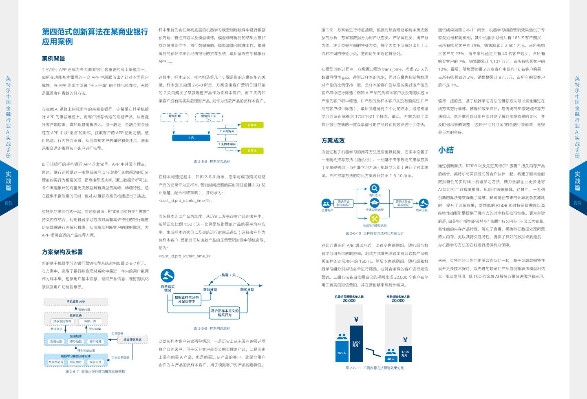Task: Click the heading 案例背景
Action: (53, 59)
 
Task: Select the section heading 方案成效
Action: (333, 141)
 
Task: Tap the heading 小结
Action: (446, 150)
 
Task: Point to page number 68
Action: (9, 203)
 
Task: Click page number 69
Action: (577, 203)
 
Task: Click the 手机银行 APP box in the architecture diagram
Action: (76, 302)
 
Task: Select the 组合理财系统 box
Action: (132, 339)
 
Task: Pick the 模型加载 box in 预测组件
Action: (76, 341)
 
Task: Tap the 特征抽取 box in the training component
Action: (76, 362)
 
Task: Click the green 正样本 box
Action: (252, 125)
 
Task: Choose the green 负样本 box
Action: (252, 151)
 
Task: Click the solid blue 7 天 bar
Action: (191, 138)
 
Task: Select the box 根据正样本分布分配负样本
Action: (187, 299)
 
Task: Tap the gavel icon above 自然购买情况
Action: (168, 275)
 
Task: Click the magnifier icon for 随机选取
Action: (374, 188)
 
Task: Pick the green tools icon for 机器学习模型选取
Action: (374, 219)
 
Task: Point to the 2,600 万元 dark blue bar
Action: (356, 344)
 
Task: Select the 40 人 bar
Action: (391, 359)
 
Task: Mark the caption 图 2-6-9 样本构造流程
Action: (212, 328)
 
